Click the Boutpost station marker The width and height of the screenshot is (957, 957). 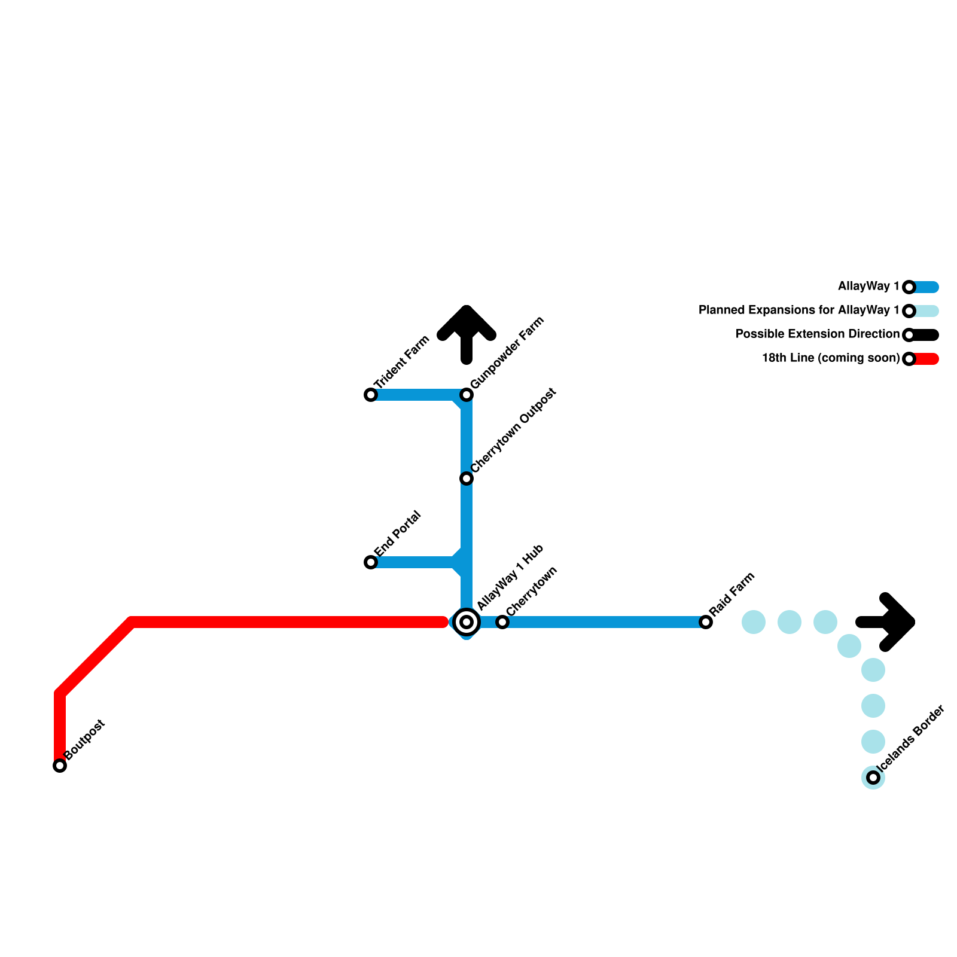point(60,766)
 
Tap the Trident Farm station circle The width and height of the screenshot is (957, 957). point(371,395)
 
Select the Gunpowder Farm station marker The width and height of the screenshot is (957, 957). point(467,395)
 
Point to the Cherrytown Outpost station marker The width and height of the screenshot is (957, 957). point(467,478)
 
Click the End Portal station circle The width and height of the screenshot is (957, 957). point(371,562)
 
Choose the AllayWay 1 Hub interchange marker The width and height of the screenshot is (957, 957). point(467,622)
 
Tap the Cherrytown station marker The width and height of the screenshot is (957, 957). point(502,622)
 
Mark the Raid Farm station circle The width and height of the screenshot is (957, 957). point(706,622)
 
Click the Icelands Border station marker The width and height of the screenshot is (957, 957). point(873,778)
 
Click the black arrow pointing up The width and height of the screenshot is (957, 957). point(467,335)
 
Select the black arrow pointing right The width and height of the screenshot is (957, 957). point(885,622)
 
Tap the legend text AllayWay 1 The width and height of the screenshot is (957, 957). point(868,287)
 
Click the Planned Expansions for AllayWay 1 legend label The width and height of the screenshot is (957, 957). point(799,310)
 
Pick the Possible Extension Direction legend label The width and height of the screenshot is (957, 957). point(818,334)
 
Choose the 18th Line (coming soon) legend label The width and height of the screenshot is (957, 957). point(831,358)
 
